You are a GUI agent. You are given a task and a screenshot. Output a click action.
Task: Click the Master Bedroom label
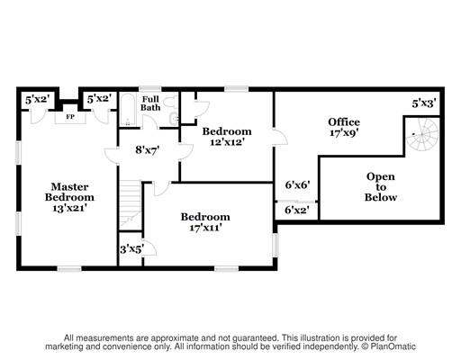coord(69,192)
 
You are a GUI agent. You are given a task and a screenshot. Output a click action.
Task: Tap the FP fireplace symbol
coord(70,117)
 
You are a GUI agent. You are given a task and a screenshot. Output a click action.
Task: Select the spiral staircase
coord(422,134)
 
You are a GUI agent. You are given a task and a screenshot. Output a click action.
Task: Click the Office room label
coord(344,122)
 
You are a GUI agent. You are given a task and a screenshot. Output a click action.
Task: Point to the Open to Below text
coord(381,187)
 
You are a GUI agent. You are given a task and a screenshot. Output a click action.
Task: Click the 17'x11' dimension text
coord(205,228)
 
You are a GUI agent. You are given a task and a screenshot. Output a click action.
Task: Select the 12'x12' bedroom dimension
coord(227,142)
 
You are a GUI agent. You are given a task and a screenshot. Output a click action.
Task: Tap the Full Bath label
coord(150,103)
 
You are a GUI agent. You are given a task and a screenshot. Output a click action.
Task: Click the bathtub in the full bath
coord(128,110)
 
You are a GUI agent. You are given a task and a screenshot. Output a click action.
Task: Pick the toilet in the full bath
coord(171,103)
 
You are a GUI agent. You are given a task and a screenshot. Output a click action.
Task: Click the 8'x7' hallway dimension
coord(147,149)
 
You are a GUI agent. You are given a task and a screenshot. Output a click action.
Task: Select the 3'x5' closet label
coord(131,249)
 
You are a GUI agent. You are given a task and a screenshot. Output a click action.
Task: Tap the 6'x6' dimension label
coord(297,184)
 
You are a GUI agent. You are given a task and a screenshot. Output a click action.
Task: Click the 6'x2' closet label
coord(297,210)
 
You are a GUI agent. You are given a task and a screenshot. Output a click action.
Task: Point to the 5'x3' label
coord(424,103)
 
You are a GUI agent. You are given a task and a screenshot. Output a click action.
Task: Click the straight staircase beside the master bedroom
coord(131,205)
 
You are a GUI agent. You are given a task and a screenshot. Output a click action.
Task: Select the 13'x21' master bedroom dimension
coord(69,208)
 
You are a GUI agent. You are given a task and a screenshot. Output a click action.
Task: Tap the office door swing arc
coord(282,138)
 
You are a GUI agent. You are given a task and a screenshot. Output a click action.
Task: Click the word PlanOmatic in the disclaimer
coord(393,346)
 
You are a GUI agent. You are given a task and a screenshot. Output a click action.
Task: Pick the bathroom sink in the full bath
coord(175,119)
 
